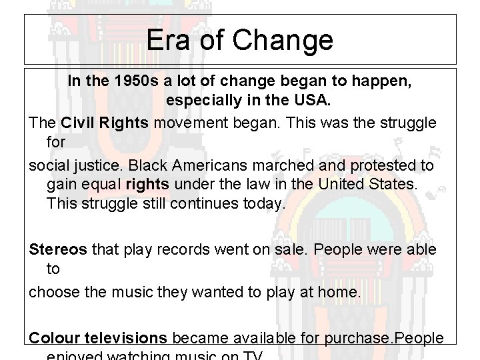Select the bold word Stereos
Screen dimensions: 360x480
[x=58, y=249]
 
